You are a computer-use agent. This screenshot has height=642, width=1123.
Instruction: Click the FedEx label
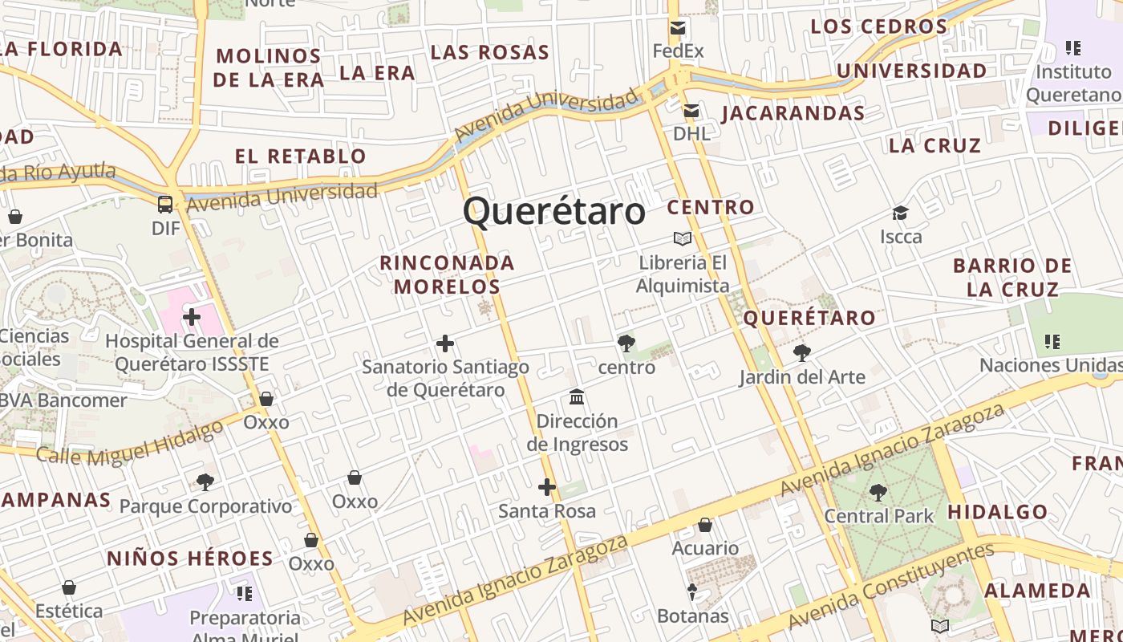[x=678, y=51]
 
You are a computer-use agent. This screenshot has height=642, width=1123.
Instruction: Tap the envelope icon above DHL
[x=691, y=111]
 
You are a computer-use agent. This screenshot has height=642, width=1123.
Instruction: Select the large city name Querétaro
[x=553, y=212]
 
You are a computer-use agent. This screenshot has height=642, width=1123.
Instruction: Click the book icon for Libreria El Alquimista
[x=683, y=238]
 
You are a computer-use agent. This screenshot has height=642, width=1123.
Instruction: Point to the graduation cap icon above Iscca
[x=901, y=213]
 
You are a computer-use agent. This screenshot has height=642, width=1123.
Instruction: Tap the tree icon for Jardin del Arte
[x=801, y=352]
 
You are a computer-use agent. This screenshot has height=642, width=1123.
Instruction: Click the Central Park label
[x=879, y=515]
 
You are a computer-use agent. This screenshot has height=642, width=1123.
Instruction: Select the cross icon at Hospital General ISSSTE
[x=192, y=317]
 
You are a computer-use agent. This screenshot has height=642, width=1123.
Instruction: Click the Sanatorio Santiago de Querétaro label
[x=445, y=378]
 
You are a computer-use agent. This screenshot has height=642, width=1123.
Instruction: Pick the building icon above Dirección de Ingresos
[x=577, y=397]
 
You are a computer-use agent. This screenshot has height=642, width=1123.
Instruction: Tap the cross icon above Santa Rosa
[x=547, y=487]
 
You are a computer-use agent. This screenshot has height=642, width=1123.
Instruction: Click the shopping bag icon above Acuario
[x=705, y=525]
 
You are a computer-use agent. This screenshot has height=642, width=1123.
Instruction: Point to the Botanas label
[x=692, y=616]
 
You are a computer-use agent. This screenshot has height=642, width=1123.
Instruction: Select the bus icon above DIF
[x=165, y=204]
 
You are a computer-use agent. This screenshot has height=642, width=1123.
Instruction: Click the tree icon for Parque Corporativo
[x=205, y=482]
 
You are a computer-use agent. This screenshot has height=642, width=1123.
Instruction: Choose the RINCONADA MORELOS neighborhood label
[x=447, y=274]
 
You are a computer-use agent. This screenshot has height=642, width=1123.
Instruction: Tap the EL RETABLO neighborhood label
[x=301, y=156]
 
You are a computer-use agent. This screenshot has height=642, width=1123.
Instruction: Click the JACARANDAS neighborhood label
[x=793, y=113]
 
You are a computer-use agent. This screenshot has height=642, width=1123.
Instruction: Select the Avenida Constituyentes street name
[x=890, y=587]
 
